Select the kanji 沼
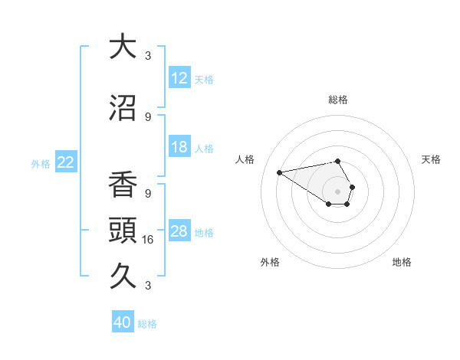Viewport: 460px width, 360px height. pos(123,108)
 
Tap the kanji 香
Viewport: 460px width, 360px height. pos(123,184)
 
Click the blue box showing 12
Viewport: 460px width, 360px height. pos(179,78)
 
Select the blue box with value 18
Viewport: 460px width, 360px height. pos(179,148)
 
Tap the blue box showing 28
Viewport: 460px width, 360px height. pos(179,231)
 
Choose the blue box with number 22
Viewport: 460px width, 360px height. pos(66,162)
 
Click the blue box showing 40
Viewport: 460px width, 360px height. pos(123,322)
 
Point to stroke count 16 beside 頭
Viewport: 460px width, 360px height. pos(148,239)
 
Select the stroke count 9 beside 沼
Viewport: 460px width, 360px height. pos(148,116)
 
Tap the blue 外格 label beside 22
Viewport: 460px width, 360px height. pos(41,163)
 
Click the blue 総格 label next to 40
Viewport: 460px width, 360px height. pos(147,324)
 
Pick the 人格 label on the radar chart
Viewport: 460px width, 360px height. pos(246,159)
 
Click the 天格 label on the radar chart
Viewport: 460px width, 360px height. pos(431,159)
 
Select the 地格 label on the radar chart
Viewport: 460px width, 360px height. pos(402,262)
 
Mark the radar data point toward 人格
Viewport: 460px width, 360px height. pos(280,172)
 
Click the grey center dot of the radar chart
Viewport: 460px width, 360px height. pos(337,191)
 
